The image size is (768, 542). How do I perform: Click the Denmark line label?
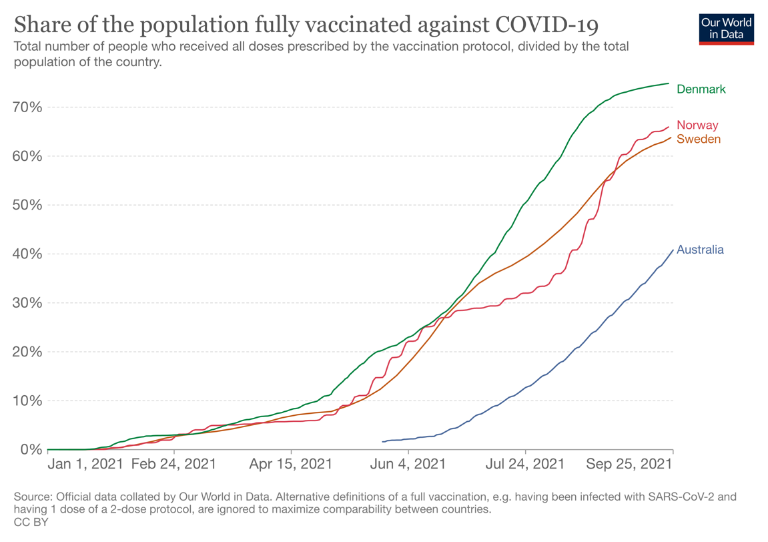[701, 89]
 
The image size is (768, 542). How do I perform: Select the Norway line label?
[697, 125]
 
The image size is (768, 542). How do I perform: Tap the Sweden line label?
[699, 140]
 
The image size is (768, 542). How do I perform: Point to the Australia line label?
[700, 250]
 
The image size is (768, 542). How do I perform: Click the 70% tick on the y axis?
[27, 107]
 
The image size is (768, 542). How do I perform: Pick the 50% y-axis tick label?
[27, 205]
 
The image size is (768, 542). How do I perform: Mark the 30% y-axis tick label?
[27, 303]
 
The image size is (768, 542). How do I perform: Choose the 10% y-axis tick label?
[27, 401]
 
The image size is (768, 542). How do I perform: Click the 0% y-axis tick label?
[31, 450]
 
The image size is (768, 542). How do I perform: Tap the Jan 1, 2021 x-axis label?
[85, 464]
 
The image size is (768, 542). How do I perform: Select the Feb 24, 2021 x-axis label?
[173, 464]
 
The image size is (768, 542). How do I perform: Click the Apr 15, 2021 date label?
[292, 464]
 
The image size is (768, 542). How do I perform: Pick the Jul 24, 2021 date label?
[525, 464]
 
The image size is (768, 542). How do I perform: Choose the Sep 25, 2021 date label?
[629, 464]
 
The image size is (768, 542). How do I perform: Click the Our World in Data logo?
[726, 29]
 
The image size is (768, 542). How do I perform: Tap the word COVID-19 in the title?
[547, 25]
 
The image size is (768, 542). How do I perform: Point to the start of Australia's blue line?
[382, 442]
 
